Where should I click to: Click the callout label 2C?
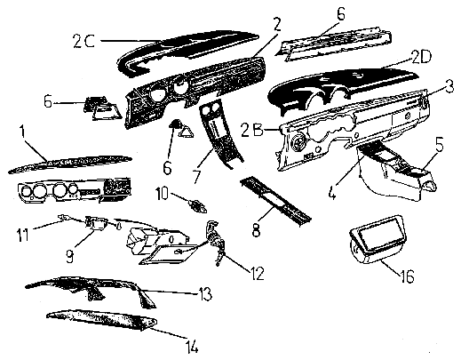pos(83,42)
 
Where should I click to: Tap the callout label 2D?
pos(422,57)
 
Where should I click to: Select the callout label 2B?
pos(252,130)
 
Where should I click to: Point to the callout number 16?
pos(407,276)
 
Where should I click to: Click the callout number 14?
pos(192,346)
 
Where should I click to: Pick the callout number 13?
pos(205,294)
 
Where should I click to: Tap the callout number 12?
pos(257,274)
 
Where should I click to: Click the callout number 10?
pos(163,194)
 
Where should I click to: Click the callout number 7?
pos(196,176)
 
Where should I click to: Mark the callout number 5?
pos(439,146)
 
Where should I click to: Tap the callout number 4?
pos(333,192)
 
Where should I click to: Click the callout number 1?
pos(22,133)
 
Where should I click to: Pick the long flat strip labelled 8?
pos(275,202)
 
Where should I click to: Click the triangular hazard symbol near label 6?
pos(187,132)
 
